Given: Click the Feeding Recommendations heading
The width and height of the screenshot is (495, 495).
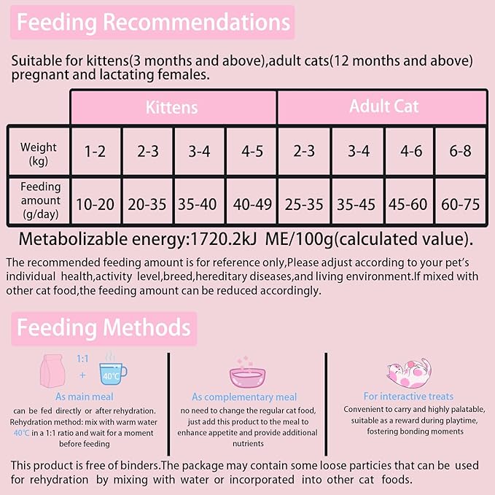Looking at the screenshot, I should (x=153, y=23).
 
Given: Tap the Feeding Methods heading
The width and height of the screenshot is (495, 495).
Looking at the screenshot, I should (x=104, y=328).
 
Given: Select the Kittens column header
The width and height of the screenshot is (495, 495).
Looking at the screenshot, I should (x=172, y=107).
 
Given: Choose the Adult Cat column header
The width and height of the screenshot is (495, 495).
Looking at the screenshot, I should (x=383, y=106).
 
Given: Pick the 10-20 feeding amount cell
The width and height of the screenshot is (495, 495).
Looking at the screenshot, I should (x=95, y=203).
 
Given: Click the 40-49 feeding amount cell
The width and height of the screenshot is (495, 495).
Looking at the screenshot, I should (x=251, y=203).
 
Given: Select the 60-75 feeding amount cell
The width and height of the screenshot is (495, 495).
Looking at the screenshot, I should (x=461, y=203).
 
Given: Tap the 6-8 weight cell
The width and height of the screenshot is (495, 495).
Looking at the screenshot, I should (x=461, y=152).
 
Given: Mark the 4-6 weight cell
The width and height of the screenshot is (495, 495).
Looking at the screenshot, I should (x=409, y=152).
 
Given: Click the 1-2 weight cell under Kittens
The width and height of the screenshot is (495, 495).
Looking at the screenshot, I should (x=95, y=152).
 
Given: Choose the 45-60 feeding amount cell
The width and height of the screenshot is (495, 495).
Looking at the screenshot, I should (x=409, y=203).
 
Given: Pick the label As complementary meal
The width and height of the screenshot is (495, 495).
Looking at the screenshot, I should (x=244, y=397).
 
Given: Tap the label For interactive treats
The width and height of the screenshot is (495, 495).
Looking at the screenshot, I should (x=408, y=397).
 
